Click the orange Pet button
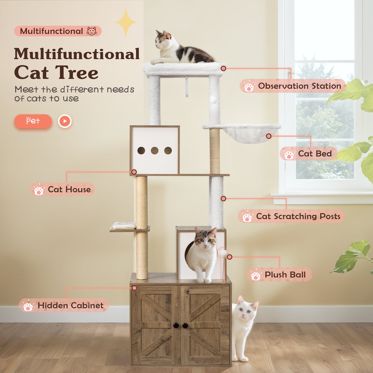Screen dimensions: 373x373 pos(33,121)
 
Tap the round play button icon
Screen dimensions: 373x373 pos(65,121)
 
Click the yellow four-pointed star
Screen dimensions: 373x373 pos(126,22)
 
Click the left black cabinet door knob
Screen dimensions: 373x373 pos(176,325)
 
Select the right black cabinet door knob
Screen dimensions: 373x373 pos(185,326)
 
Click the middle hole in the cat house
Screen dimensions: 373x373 pos(154,150)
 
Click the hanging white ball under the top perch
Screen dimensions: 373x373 pos(213,100)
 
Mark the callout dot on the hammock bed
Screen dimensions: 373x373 pos(269,136)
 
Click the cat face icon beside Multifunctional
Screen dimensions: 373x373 pos(92,31)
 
